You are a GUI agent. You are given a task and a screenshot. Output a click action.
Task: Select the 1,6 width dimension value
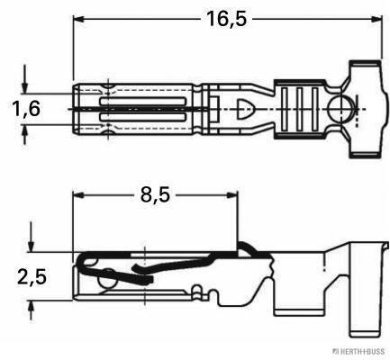(24, 108)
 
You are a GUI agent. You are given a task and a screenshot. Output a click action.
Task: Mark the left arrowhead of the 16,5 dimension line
(78, 18)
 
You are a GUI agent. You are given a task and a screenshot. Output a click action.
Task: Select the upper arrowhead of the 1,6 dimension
(25, 83)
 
